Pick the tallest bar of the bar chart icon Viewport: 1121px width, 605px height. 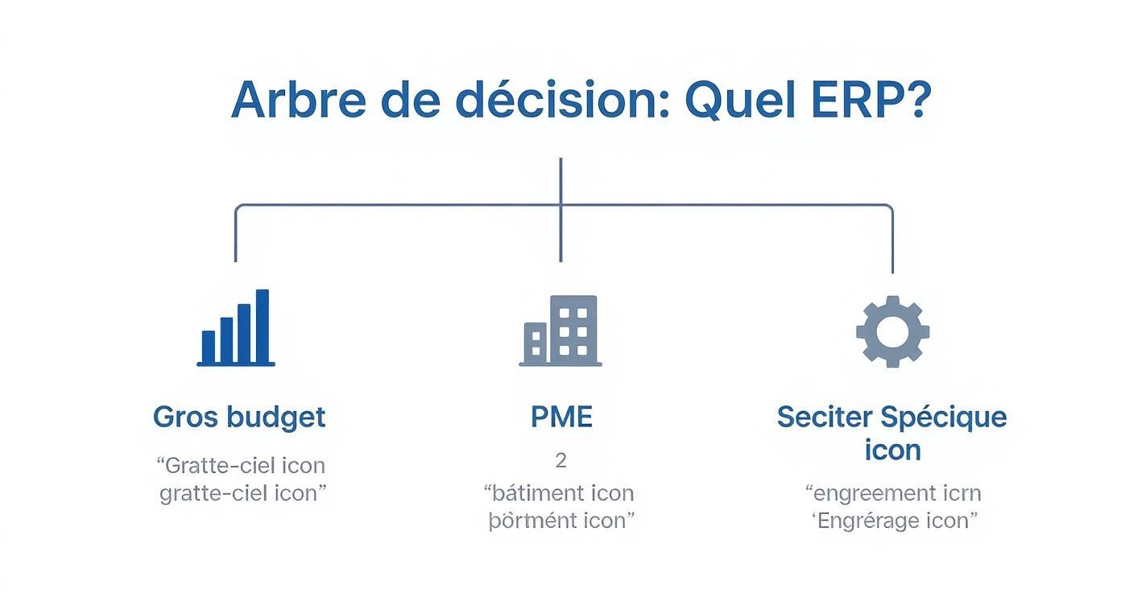(x=262, y=326)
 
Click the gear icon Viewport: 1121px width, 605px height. (x=892, y=331)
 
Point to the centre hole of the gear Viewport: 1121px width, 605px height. (x=892, y=331)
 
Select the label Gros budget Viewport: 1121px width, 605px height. (x=239, y=417)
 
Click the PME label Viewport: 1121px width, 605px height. (x=560, y=417)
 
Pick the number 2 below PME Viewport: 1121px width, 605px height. (x=560, y=460)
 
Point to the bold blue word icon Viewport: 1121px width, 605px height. (x=891, y=450)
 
